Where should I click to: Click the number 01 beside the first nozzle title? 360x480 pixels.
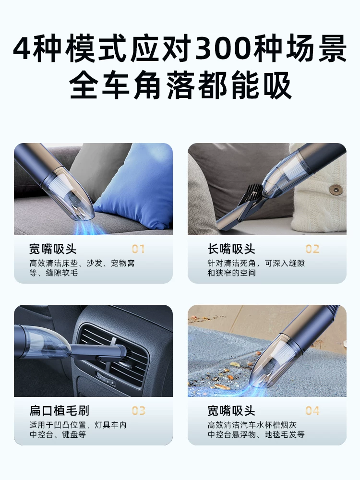click(138, 249)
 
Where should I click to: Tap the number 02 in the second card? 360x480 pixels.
click(312, 249)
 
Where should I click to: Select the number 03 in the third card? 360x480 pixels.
click(138, 410)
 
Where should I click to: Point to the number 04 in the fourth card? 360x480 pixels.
click(312, 410)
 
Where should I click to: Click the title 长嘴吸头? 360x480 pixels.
click(231, 249)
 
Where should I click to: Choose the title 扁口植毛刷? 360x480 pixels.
click(59, 410)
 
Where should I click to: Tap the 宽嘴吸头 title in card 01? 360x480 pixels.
click(53, 249)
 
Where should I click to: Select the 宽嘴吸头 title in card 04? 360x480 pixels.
click(231, 410)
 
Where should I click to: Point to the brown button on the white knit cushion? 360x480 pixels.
click(336, 190)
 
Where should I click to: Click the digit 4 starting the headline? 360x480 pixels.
click(22, 49)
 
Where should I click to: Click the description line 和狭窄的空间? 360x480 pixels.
click(231, 273)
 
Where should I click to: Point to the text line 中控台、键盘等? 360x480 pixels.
click(58, 434)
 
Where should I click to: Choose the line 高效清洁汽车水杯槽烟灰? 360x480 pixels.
click(252, 425)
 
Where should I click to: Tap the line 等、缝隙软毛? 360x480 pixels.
click(54, 273)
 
